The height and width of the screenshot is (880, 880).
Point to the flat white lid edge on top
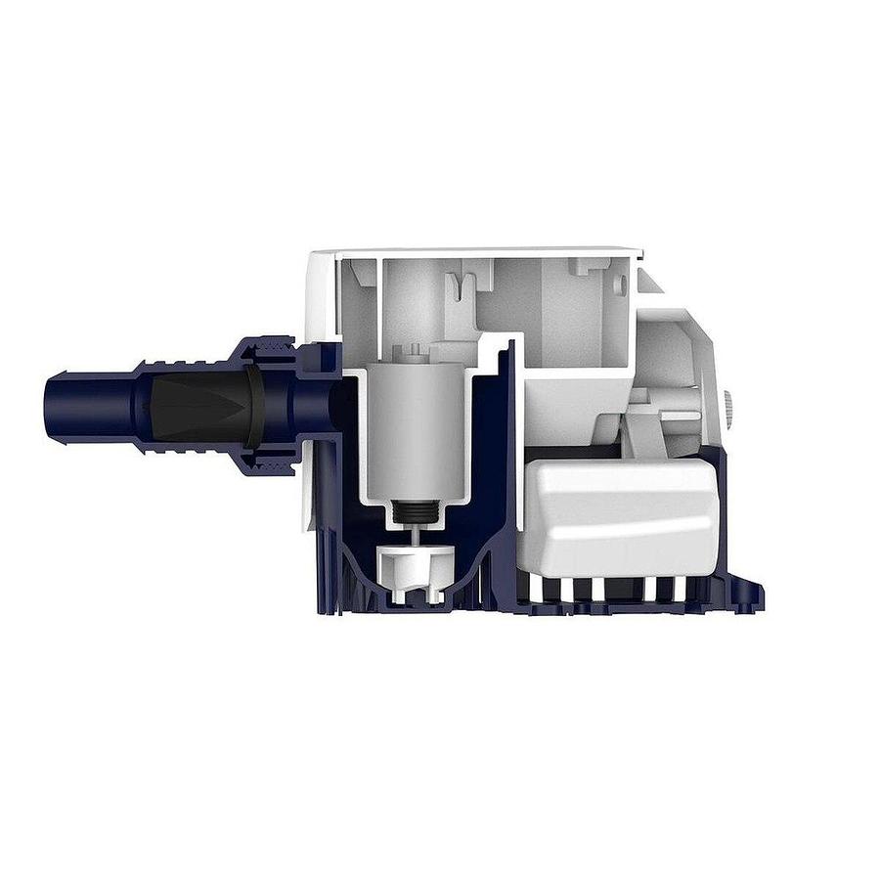click(x=479, y=252)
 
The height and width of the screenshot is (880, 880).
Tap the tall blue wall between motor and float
click(x=505, y=440)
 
